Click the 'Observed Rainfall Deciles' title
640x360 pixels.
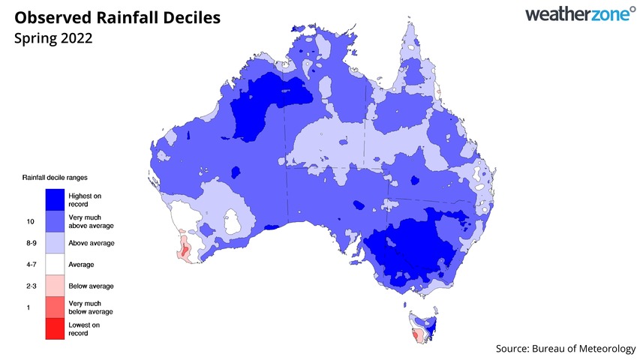117,16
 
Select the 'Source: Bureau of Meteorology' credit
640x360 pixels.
566,349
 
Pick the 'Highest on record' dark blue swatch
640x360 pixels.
54,199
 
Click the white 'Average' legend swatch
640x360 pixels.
54,264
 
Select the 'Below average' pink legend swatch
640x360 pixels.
54,286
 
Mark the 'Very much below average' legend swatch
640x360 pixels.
54,307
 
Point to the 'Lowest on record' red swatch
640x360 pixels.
54,328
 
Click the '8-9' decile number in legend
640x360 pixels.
31,243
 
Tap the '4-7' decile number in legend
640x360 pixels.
31,265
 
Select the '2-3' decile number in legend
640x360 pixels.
31,286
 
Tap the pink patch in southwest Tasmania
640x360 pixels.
414,333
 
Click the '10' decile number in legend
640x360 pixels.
30,221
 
